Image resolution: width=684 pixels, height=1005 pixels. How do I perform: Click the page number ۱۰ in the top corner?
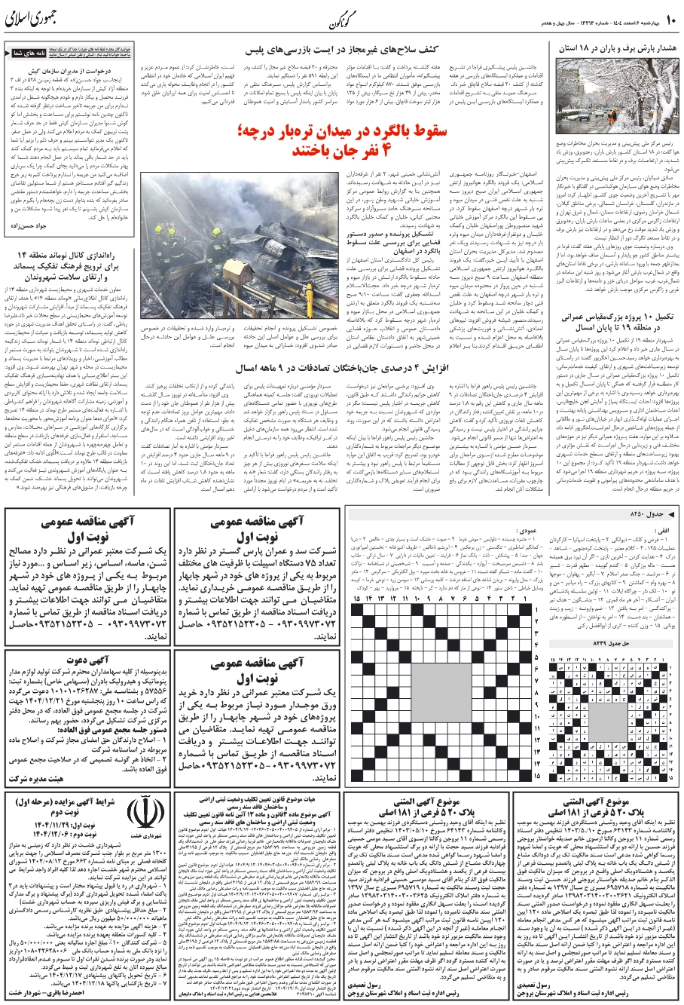pos(670,16)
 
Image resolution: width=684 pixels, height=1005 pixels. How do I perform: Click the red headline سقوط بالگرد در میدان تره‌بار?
pos(341,141)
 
